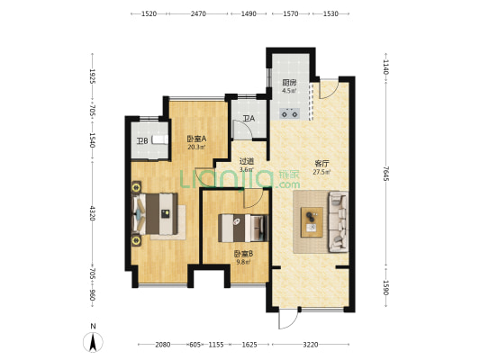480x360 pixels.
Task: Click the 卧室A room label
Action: (196, 139)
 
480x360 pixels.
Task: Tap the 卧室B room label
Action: (243, 254)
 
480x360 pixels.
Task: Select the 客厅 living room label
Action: (322, 163)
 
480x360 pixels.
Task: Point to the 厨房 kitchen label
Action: (289, 83)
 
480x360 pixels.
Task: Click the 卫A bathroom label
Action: (249, 119)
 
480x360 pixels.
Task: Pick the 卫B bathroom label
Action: (142, 141)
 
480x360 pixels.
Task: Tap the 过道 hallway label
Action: (247, 161)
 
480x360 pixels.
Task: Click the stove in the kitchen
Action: (290, 113)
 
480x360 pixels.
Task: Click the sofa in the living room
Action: (339, 221)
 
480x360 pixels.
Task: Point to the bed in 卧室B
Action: (243, 229)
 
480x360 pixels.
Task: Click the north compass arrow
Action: (93, 342)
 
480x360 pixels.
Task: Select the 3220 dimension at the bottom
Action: (311, 345)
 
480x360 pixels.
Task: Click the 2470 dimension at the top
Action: (198, 13)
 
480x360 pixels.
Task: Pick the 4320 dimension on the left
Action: (92, 213)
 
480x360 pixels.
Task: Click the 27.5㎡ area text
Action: (322, 172)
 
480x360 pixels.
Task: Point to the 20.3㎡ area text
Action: (196, 147)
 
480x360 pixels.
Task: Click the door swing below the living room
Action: (288, 318)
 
